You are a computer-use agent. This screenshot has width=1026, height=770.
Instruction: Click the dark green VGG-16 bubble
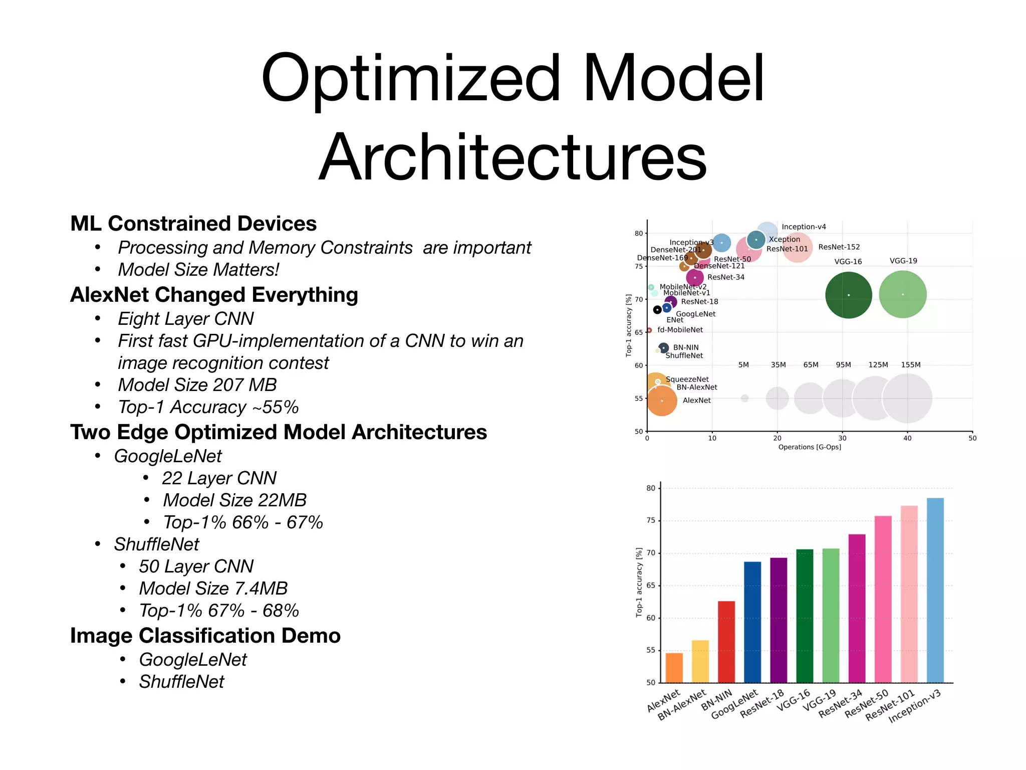(x=848, y=295)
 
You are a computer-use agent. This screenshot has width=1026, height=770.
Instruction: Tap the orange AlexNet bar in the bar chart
(x=674, y=668)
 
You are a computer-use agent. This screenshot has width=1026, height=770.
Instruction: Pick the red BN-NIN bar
(x=726, y=642)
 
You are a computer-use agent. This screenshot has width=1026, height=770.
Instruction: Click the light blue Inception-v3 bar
(x=935, y=590)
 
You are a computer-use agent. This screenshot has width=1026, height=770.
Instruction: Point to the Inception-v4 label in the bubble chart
(x=804, y=227)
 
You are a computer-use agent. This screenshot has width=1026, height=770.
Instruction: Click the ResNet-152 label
(x=839, y=247)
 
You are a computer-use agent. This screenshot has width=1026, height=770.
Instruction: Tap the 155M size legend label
(x=910, y=364)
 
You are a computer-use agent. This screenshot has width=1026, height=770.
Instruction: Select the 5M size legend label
(x=743, y=364)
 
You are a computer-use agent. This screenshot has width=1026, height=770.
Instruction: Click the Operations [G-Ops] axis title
(x=809, y=447)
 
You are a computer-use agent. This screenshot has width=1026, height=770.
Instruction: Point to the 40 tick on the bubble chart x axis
(x=907, y=438)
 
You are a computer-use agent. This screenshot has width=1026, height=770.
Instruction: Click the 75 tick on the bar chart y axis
(x=650, y=520)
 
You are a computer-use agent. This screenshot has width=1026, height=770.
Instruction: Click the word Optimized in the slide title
(x=411, y=79)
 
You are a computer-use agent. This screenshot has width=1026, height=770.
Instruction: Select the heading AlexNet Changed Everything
(x=214, y=295)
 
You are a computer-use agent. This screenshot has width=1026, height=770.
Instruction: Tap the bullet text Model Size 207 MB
(x=197, y=385)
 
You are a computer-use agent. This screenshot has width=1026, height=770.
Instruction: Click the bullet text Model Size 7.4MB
(x=213, y=588)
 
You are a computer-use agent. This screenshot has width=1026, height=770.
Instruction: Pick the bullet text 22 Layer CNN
(x=219, y=478)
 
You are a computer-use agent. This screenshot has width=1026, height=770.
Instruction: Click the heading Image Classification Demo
(x=205, y=635)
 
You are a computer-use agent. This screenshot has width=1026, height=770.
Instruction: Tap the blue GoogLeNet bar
(x=752, y=622)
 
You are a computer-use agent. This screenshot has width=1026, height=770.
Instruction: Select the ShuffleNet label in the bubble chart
(x=684, y=355)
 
